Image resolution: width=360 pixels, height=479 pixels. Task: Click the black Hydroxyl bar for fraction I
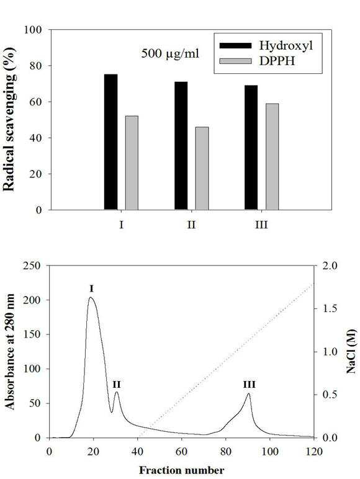(x=110, y=142)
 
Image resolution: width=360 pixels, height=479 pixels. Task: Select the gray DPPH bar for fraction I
(x=132, y=163)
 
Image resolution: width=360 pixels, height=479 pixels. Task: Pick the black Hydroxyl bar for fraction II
(x=181, y=146)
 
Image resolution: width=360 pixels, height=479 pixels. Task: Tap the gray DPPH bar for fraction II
(x=202, y=168)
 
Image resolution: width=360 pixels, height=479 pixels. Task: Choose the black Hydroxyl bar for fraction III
(x=251, y=148)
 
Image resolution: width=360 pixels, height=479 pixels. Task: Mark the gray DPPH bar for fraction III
(x=272, y=157)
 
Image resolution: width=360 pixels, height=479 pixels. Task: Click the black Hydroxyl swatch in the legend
(x=236, y=46)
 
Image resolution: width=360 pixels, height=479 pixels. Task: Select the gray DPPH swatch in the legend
(x=236, y=61)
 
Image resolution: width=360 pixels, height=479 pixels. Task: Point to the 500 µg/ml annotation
(x=170, y=54)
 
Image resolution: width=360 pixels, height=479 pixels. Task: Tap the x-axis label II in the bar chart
(x=191, y=225)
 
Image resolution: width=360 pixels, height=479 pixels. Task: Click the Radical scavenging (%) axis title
(x=9, y=119)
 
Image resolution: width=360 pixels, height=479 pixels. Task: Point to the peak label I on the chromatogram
(x=91, y=289)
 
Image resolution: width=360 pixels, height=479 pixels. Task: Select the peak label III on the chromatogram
(x=249, y=384)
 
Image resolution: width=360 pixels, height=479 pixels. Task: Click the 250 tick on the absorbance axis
(x=32, y=266)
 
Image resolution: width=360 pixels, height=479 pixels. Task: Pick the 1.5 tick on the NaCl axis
(x=330, y=308)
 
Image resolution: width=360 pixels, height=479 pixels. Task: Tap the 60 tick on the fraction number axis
(x=181, y=451)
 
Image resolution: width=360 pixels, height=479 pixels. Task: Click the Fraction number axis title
(x=181, y=470)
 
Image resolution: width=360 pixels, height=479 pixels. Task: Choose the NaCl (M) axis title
(x=351, y=351)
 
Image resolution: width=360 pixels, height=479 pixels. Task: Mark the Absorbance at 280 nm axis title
(x=10, y=351)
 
